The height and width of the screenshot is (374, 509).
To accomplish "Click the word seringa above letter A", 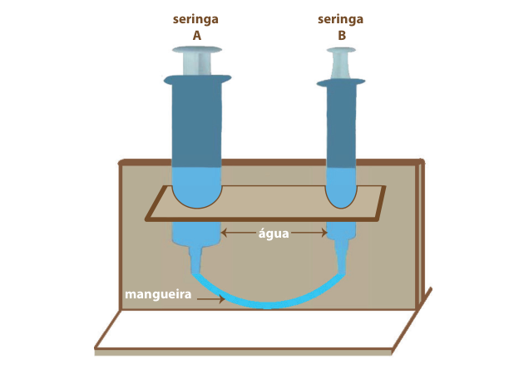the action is (x=195, y=19).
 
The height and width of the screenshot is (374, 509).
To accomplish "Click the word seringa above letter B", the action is (x=340, y=19).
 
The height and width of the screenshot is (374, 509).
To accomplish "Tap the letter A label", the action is (x=197, y=36).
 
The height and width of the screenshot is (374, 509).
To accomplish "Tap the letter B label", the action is (x=342, y=36).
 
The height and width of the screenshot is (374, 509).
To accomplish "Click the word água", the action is (x=274, y=234).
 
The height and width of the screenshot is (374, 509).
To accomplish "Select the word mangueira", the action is (x=158, y=295).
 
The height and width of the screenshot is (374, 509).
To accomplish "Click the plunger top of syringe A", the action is (x=197, y=50).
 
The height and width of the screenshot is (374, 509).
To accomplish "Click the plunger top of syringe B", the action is (x=341, y=50).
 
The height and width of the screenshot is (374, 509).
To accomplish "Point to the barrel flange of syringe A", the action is (x=197, y=80).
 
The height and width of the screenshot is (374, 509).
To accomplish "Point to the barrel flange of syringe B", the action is (x=341, y=83).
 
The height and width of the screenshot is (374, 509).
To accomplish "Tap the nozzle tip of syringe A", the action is (x=195, y=272).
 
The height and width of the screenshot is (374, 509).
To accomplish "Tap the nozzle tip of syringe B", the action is (x=342, y=272).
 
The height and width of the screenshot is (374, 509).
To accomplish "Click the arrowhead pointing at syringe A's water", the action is (x=224, y=232).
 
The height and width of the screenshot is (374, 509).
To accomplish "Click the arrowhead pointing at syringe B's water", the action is (x=324, y=232).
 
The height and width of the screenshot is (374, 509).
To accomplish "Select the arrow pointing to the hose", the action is (x=211, y=298).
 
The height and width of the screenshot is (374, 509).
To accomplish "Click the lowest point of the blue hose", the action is (x=267, y=307).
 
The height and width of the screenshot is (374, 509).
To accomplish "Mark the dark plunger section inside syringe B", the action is (x=341, y=126).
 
